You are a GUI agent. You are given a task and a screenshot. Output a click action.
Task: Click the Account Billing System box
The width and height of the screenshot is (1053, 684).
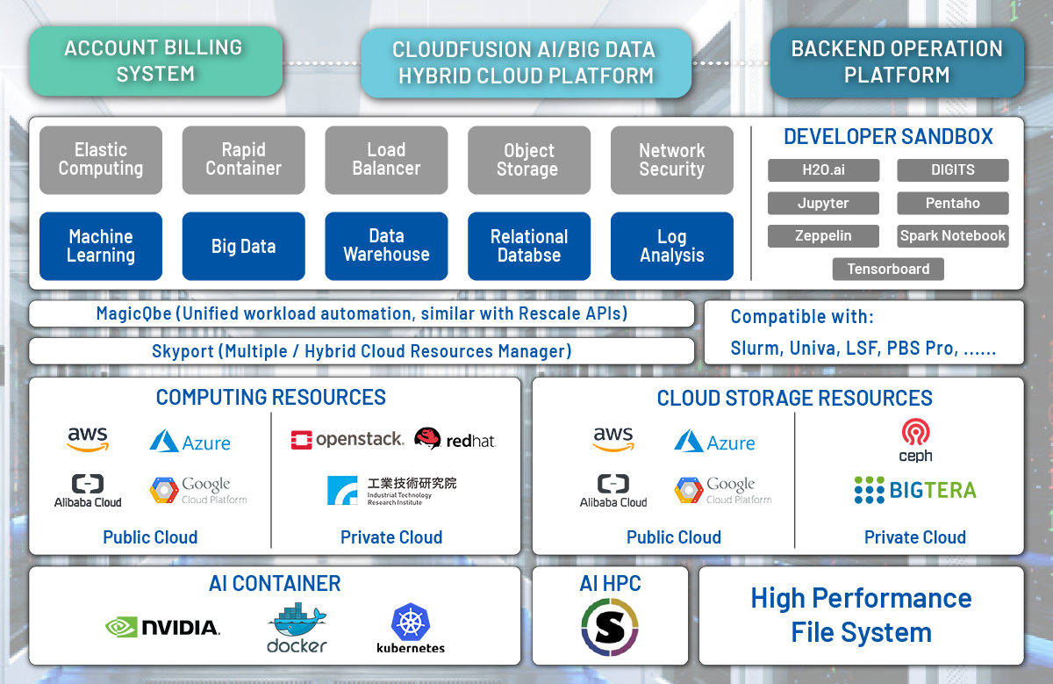[x=155, y=61]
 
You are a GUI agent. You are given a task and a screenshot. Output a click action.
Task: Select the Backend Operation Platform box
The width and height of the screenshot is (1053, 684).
[x=897, y=62]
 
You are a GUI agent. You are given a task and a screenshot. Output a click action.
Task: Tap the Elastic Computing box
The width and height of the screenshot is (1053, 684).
[x=101, y=160]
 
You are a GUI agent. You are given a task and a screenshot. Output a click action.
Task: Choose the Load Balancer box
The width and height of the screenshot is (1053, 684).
[x=386, y=160]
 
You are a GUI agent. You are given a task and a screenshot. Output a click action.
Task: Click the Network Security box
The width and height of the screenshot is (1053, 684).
[x=672, y=160]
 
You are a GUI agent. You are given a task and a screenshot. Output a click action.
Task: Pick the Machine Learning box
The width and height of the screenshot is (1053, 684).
[x=101, y=246]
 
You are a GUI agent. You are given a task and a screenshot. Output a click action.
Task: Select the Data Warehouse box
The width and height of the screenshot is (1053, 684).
[x=386, y=246]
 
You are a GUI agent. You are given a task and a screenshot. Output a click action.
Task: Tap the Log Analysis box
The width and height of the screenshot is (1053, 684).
[x=672, y=246]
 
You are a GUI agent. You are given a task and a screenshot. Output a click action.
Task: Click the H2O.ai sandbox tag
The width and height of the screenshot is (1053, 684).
[x=824, y=169]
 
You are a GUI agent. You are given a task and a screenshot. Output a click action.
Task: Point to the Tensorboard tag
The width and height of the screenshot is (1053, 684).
[x=888, y=269]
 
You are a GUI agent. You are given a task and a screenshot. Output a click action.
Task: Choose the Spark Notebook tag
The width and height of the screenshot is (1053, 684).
[x=953, y=235]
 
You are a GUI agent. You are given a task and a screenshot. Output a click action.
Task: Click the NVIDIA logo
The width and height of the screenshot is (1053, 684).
[x=162, y=627]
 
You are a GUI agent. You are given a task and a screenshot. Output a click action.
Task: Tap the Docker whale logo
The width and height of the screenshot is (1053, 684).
[x=297, y=628]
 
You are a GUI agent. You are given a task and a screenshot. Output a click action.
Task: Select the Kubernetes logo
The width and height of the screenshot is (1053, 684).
[x=411, y=628]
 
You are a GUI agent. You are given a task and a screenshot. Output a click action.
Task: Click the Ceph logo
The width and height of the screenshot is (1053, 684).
[x=915, y=440]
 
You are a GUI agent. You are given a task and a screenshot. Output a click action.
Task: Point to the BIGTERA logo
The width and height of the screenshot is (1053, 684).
[x=915, y=490]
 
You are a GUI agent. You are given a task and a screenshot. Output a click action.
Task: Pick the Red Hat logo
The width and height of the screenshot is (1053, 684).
[x=455, y=438]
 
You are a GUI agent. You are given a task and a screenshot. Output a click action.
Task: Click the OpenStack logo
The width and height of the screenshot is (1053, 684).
[x=347, y=439]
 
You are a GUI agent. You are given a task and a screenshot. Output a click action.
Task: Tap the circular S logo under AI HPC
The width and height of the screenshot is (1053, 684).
[x=610, y=627]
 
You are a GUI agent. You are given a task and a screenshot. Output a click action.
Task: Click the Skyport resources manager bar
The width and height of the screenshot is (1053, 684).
[x=362, y=351]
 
